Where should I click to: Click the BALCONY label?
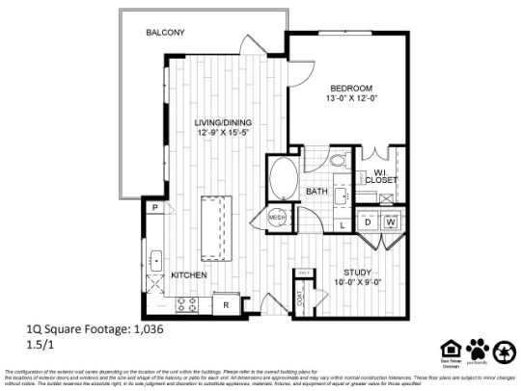(x=165, y=33)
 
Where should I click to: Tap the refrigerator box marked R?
(x=225, y=304)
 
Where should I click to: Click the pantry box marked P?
(x=153, y=207)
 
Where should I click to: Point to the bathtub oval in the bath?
(x=284, y=179)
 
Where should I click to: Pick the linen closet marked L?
(x=343, y=224)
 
